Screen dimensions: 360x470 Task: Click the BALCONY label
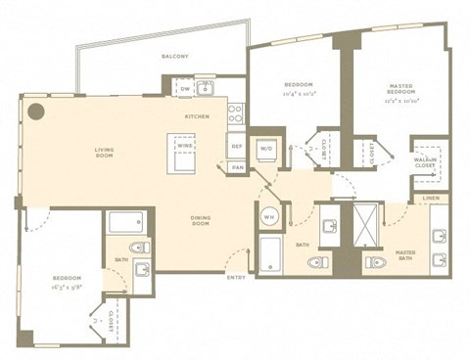pyautogui.click(x=175, y=58)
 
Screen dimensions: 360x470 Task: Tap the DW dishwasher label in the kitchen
pyautogui.click(x=185, y=90)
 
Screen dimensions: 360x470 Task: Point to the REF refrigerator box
pyautogui.click(x=236, y=148)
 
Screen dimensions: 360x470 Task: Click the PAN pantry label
pyautogui.click(x=237, y=167)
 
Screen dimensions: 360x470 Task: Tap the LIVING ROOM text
pyautogui.click(x=106, y=153)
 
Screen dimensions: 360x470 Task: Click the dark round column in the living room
pyautogui.click(x=36, y=111)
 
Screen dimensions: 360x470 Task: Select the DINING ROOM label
pyautogui.click(x=201, y=221)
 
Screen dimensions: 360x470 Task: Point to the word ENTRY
pyautogui.click(x=235, y=279)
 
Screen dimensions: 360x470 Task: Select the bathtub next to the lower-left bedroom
pyautogui.click(x=127, y=222)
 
